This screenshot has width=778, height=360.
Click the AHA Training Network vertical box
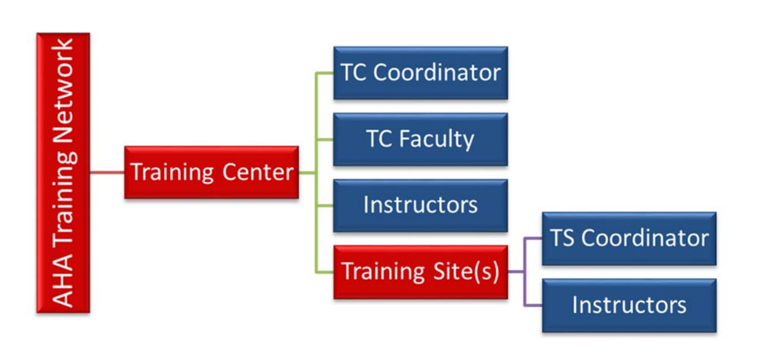[63, 172]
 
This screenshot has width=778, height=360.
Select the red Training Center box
[211, 172]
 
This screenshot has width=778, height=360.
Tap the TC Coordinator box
[420, 73]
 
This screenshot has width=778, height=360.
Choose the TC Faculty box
[420, 139]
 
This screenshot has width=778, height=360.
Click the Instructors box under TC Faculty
[420, 205]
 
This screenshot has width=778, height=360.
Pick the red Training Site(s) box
[420, 272]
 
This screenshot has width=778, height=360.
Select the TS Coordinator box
[629, 238]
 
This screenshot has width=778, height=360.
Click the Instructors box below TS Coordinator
[629, 305]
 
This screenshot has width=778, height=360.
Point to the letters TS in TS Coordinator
[563, 238]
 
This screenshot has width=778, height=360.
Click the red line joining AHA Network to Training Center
[107, 172]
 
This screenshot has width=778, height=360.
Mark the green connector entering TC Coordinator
[324, 73]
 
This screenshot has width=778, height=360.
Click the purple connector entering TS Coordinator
[533, 238]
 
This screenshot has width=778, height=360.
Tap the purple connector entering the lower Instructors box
[533, 305]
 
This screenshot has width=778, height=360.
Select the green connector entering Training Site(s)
[324, 272]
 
